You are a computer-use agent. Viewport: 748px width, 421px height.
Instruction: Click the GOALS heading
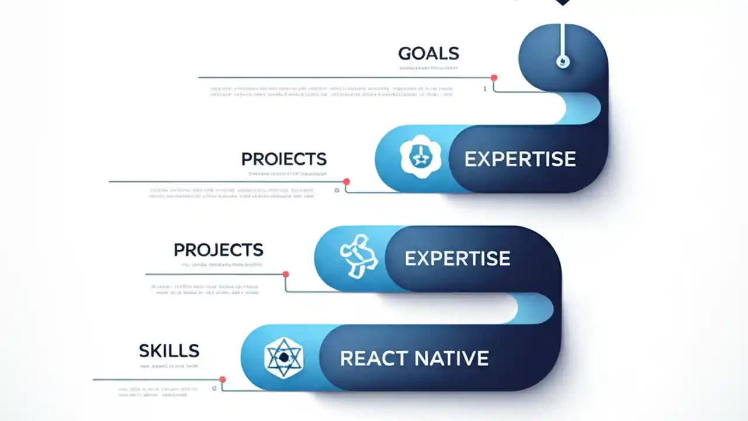(x=428, y=54)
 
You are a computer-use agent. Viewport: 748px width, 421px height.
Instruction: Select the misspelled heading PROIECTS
(x=283, y=159)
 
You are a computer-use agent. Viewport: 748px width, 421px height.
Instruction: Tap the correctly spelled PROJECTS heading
(x=219, y=250)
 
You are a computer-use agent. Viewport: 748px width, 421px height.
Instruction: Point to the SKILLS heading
(x=169, y=351)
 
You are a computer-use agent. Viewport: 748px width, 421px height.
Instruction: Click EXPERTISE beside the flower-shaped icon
(x=520, y=159)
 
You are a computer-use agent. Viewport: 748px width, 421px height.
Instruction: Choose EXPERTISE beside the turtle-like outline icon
(x=457, y=258)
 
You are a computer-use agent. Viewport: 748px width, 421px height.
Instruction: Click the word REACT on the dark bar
(x=372, y=358)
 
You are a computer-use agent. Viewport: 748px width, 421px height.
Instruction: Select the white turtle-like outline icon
(x=358, y=256)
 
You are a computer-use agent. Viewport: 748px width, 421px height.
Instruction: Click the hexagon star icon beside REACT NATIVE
(x=284, y=357)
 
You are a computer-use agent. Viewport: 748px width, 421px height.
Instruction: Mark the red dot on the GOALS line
(x=494, y=78)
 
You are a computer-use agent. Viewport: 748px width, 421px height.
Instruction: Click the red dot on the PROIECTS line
(x=347, y=182)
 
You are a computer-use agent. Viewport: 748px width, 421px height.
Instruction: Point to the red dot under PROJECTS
(x=286, y=274)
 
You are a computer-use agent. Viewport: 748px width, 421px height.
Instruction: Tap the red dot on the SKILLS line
(x=222, y=379)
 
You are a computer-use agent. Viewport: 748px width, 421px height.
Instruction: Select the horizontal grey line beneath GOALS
(x=345, y=77)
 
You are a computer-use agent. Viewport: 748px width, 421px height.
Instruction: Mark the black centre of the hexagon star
(x=284, y=357)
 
